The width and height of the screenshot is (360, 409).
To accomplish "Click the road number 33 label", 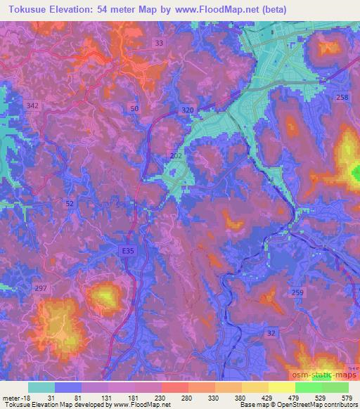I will click(160, 43).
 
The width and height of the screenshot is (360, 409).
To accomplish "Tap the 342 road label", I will click(32, 105).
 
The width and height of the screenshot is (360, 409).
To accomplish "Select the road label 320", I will click(186, 110).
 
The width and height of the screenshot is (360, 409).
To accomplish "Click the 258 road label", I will click(342, 98).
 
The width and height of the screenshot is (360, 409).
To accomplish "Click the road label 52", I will click(69, 203).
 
